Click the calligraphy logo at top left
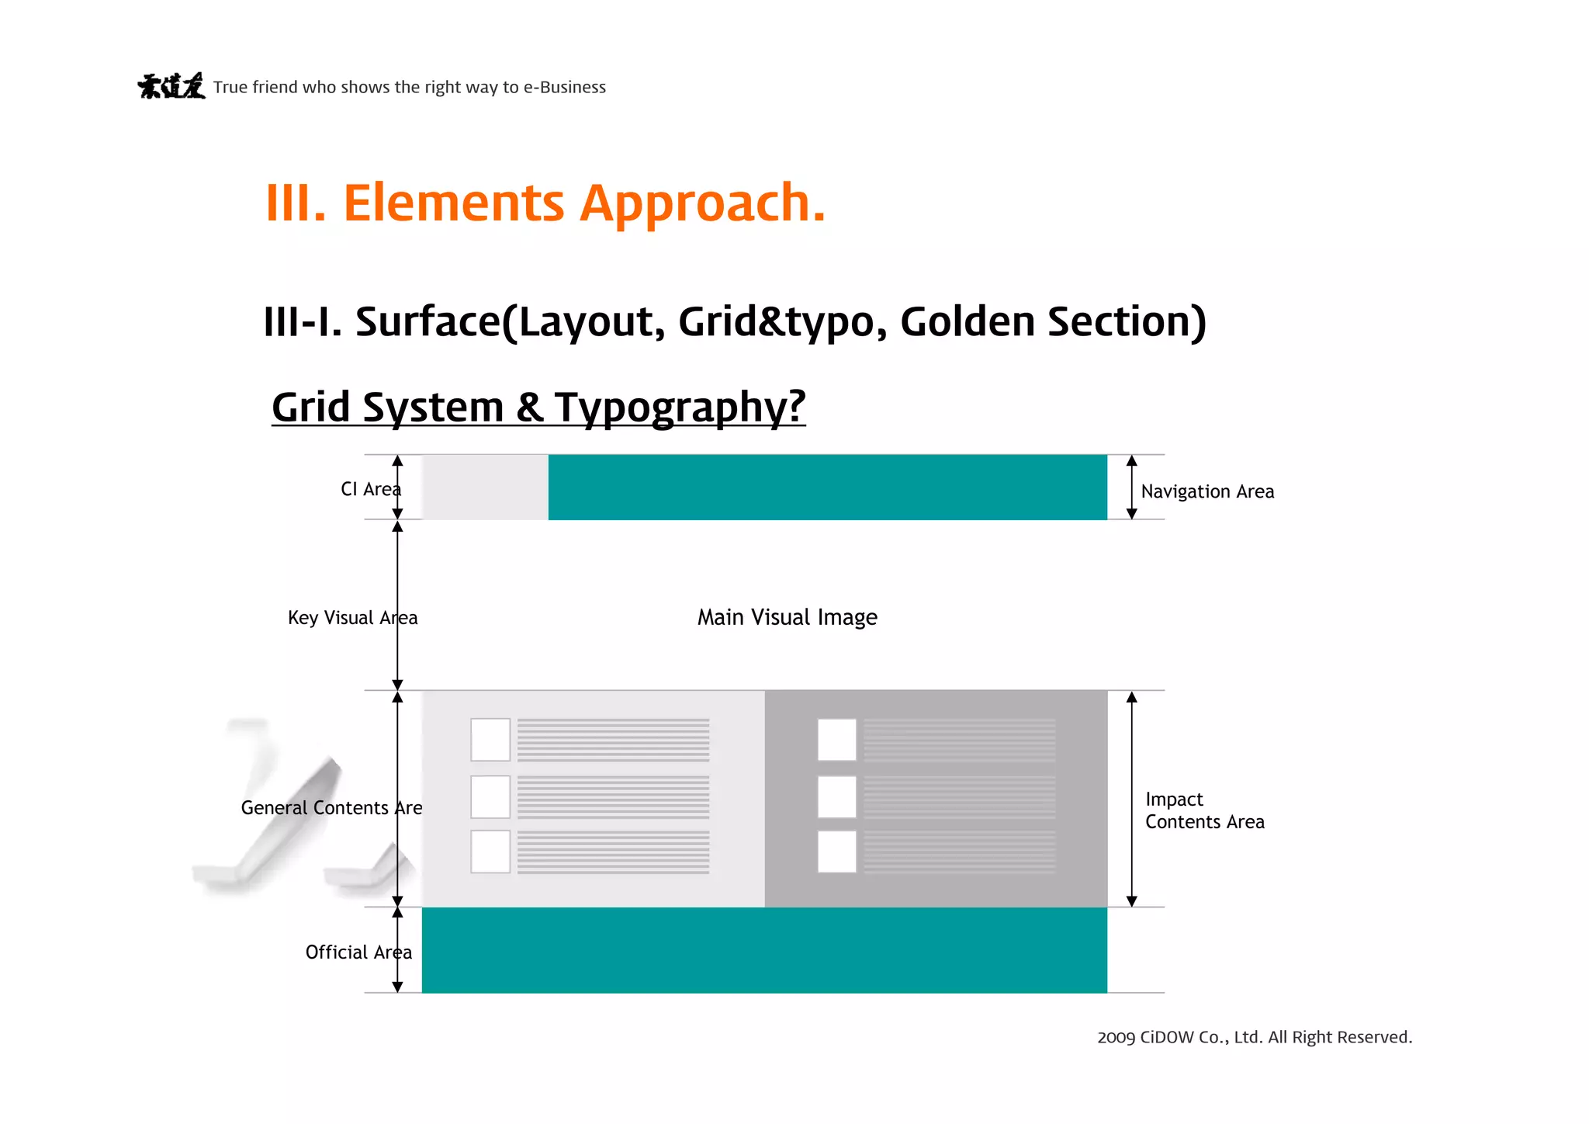point(171,86)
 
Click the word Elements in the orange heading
point(454,203)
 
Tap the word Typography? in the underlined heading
point(680,407)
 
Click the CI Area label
point(370,489)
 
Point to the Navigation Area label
point(1207,491)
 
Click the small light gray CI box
point(485,487)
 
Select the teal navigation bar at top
point(827,487)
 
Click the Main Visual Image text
point(787,617)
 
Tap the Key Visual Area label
point(352,618)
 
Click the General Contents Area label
point(331,808)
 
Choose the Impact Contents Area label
point(1204,810)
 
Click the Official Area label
point(358,952)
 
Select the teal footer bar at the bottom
point(764,950)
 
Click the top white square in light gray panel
point(490,739)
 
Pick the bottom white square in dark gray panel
point(836,852)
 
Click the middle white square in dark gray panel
point(836,796)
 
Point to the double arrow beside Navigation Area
point(1131,487)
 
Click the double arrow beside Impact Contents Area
point(1131,799)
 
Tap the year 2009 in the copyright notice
point(1116,1038)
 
